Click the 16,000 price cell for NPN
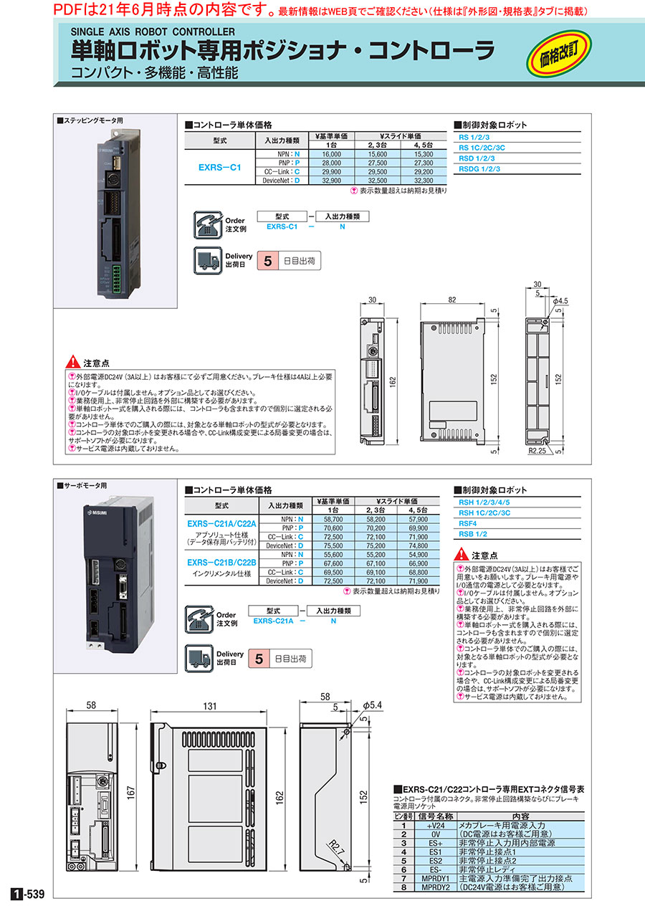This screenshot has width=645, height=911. pos(332,154)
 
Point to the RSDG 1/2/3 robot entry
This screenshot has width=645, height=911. pos(479,168)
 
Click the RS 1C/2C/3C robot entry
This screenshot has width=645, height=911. pos(482,147)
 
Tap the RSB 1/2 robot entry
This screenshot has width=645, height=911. pos(472,534)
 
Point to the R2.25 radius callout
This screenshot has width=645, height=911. pos(538,453)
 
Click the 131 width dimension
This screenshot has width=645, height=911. pos(209,707)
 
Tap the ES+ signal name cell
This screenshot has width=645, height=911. pos(435,844)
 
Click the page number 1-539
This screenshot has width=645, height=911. pos(29,894)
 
